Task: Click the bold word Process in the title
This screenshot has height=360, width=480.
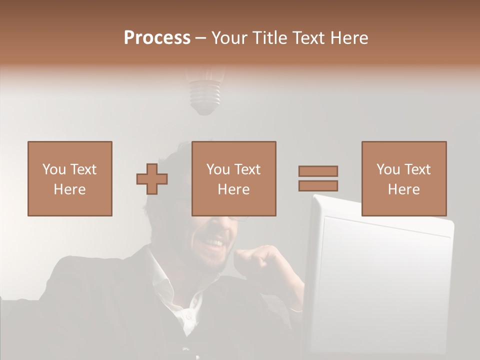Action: tap(157, 38)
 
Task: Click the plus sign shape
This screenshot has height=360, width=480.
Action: tap(152, 179)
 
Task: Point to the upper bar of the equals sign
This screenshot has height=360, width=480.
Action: tap(318, 171)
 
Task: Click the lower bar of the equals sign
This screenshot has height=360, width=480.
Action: tap(318, 185)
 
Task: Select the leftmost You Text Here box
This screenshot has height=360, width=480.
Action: tap(69, 178)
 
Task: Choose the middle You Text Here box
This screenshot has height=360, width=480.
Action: tap(233, 178)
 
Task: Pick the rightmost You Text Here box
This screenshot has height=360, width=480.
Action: tap(403, 178)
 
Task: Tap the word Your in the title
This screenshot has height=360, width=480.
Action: tap(230, 38)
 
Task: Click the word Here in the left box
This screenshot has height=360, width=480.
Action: tap(69, 189)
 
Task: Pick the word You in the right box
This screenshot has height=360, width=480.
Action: tap(387, 169)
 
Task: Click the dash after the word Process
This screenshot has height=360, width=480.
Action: tap(200, 38)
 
